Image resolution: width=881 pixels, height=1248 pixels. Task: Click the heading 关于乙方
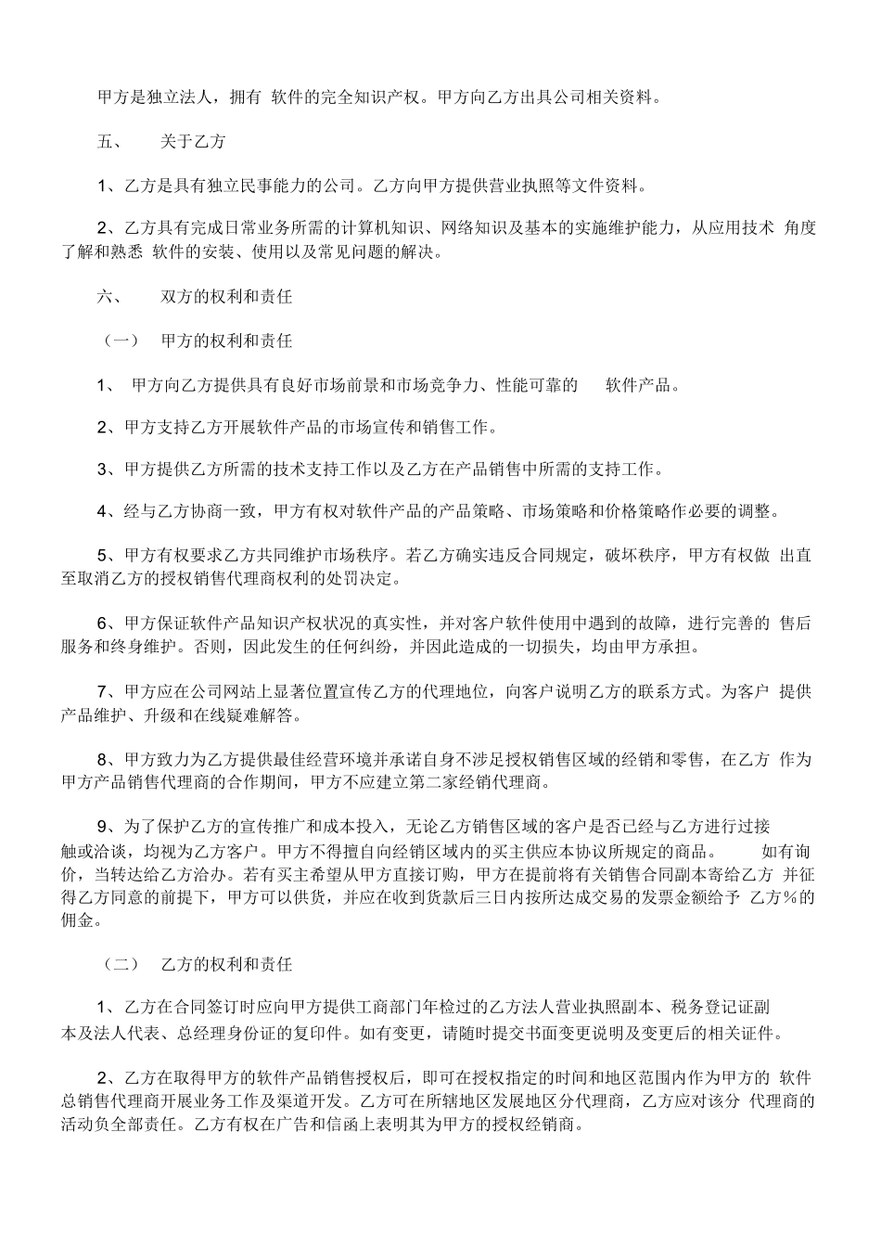(192, 142)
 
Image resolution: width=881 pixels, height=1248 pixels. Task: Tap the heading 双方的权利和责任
(226, 297)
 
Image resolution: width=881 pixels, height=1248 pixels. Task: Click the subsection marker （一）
(119, 341)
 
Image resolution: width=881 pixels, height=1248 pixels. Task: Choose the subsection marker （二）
(119, 964)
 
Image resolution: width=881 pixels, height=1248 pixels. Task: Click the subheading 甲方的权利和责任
(226, 341)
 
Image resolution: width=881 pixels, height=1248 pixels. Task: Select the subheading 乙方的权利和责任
(226, 964)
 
